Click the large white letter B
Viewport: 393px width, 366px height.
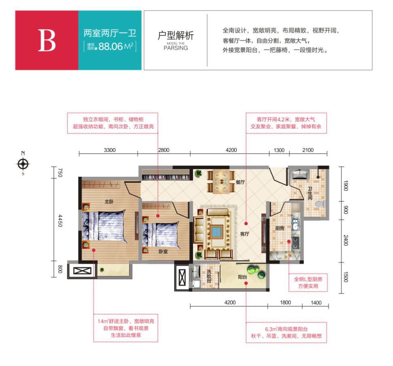47,40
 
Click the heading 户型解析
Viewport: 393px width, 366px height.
176,35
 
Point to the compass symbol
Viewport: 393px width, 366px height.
23,164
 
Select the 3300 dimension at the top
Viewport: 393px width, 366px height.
110,150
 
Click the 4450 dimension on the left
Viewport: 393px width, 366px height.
60,220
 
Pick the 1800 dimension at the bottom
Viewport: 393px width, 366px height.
285,303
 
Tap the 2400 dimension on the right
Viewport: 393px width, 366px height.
346,240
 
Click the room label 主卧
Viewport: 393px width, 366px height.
109,201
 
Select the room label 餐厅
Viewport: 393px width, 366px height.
240,182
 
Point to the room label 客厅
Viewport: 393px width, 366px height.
244,234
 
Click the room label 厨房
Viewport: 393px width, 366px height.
280,228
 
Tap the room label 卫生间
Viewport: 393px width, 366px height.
310,193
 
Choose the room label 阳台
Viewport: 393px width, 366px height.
242,277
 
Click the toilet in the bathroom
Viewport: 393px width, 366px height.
321,204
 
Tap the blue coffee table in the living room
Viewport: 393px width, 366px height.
217,232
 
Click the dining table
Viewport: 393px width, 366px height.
221,182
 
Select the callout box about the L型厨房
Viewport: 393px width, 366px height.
308,283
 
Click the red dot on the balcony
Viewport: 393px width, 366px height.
246,283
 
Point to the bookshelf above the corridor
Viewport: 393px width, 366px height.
166,177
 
